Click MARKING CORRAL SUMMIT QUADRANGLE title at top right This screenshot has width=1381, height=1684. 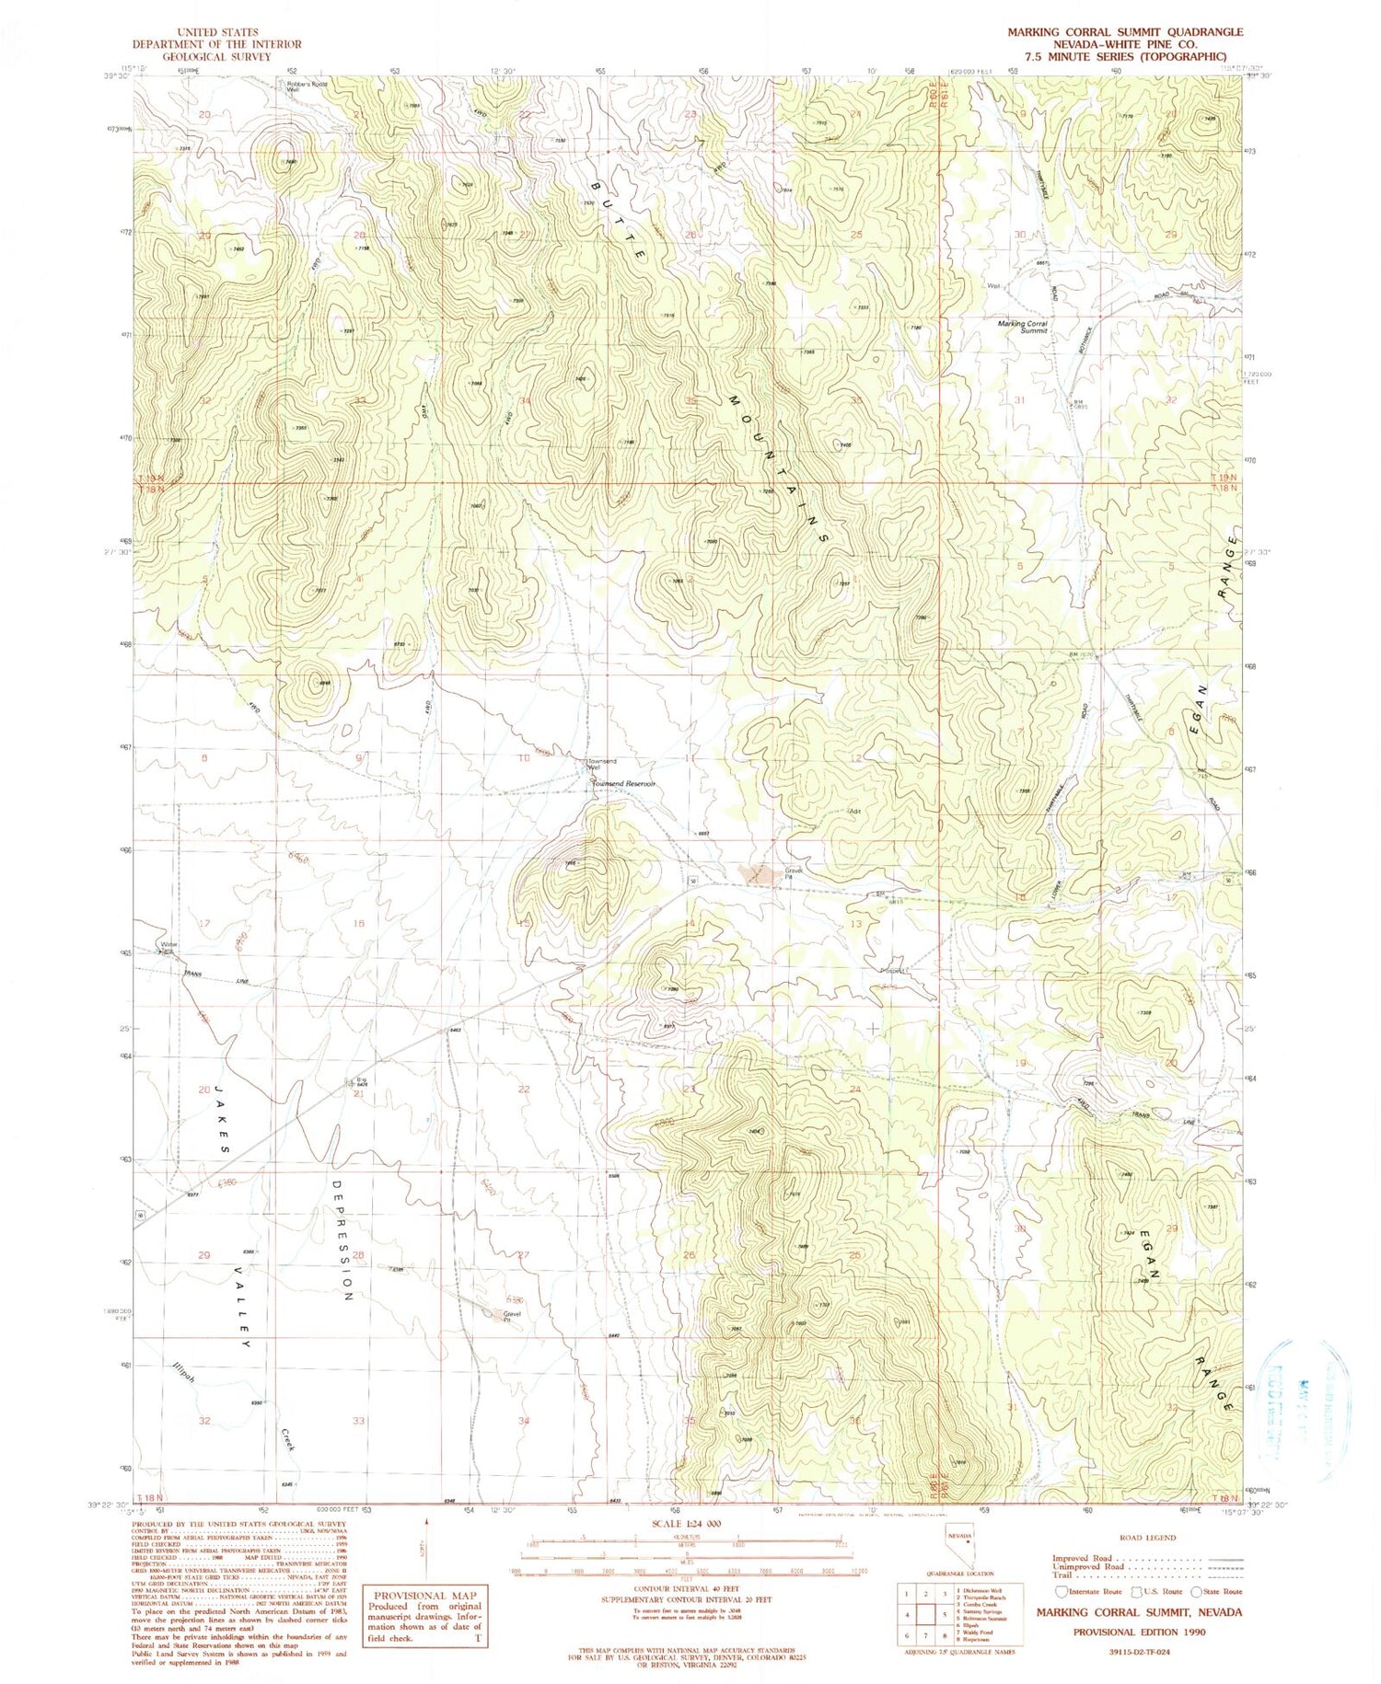pos(1124,31)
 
